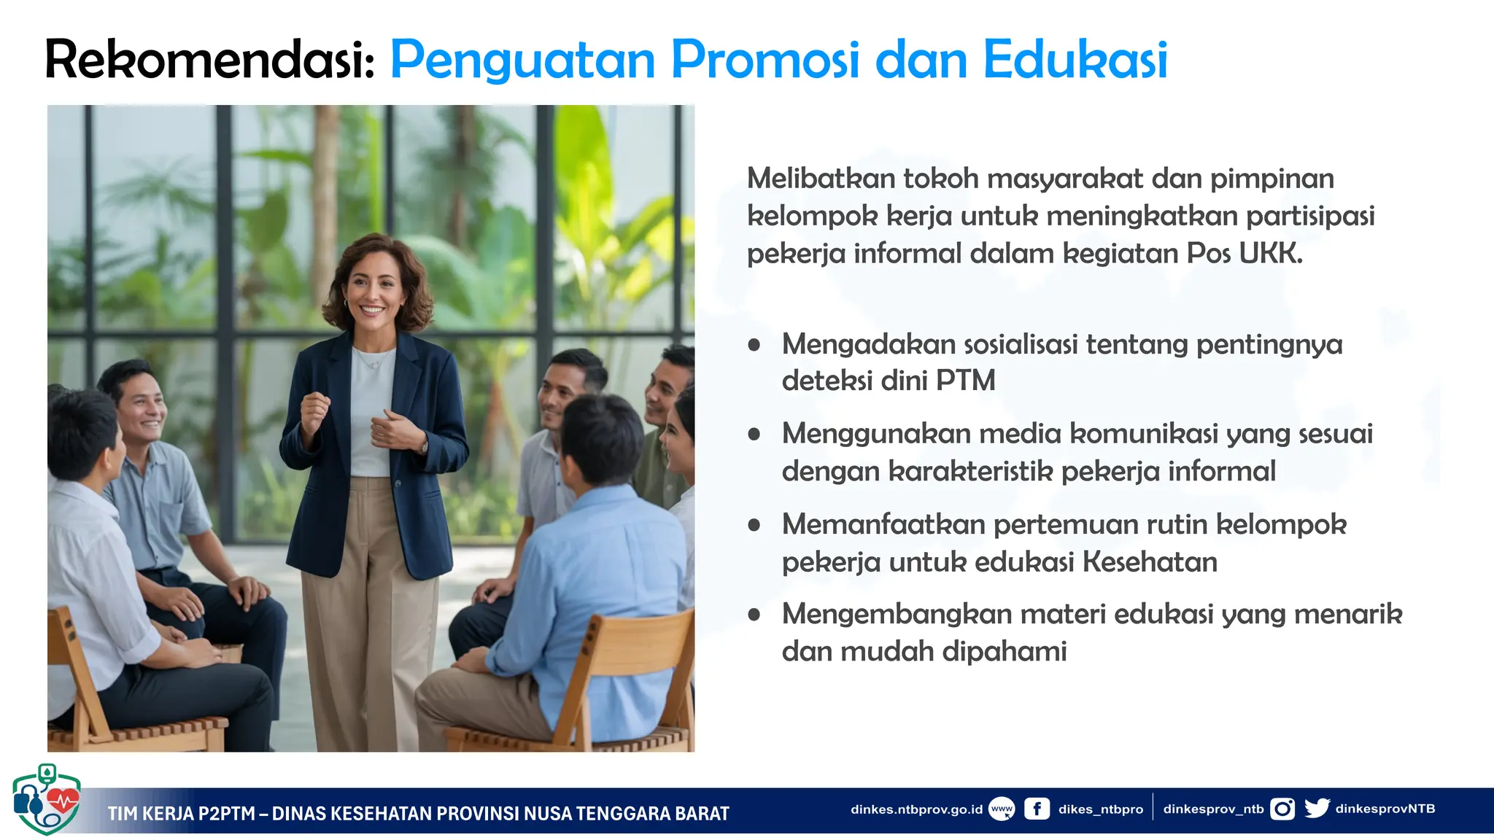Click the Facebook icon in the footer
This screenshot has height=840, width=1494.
pos(1037,809)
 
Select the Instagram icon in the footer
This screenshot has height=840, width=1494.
pos(1282,809)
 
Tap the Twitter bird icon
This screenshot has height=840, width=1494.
pos(1317,808)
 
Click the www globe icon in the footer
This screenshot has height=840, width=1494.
pos(1002,809)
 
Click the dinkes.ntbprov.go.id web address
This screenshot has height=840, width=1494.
pos(916,809)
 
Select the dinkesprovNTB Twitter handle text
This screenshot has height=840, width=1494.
pos(1385,809)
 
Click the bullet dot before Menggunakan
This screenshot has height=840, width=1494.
pos(754,435)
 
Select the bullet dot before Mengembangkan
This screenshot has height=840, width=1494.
pos(754,615)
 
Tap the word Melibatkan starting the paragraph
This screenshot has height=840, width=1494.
pos(821,179)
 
